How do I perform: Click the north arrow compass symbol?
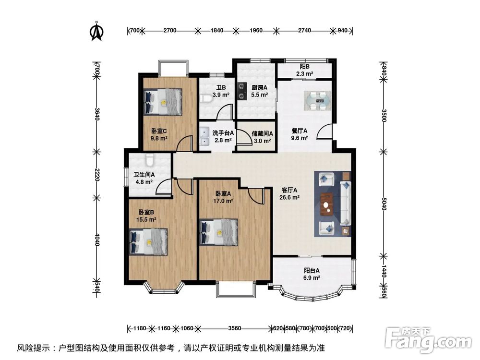pos(96,31)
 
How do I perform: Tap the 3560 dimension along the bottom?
pos(235,328)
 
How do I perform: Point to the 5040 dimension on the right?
pos(384,204)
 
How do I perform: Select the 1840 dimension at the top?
pos(217,30)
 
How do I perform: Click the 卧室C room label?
pos(159,131)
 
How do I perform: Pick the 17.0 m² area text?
pos(223,201)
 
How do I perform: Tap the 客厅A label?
pos(289,190)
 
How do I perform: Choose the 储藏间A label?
pos(263,133)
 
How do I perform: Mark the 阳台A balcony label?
pos(312,271)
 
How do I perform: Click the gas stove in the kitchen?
pos(242,91)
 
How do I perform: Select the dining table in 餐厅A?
pos(317,100)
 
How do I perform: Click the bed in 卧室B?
pos(148,242)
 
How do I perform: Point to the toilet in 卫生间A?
pos(149,159)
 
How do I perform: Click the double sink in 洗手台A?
pos(204,136)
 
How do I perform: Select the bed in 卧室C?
pos(163,102)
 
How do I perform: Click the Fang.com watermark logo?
pos(428,340)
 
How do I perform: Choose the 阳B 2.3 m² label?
pos(305,70)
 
